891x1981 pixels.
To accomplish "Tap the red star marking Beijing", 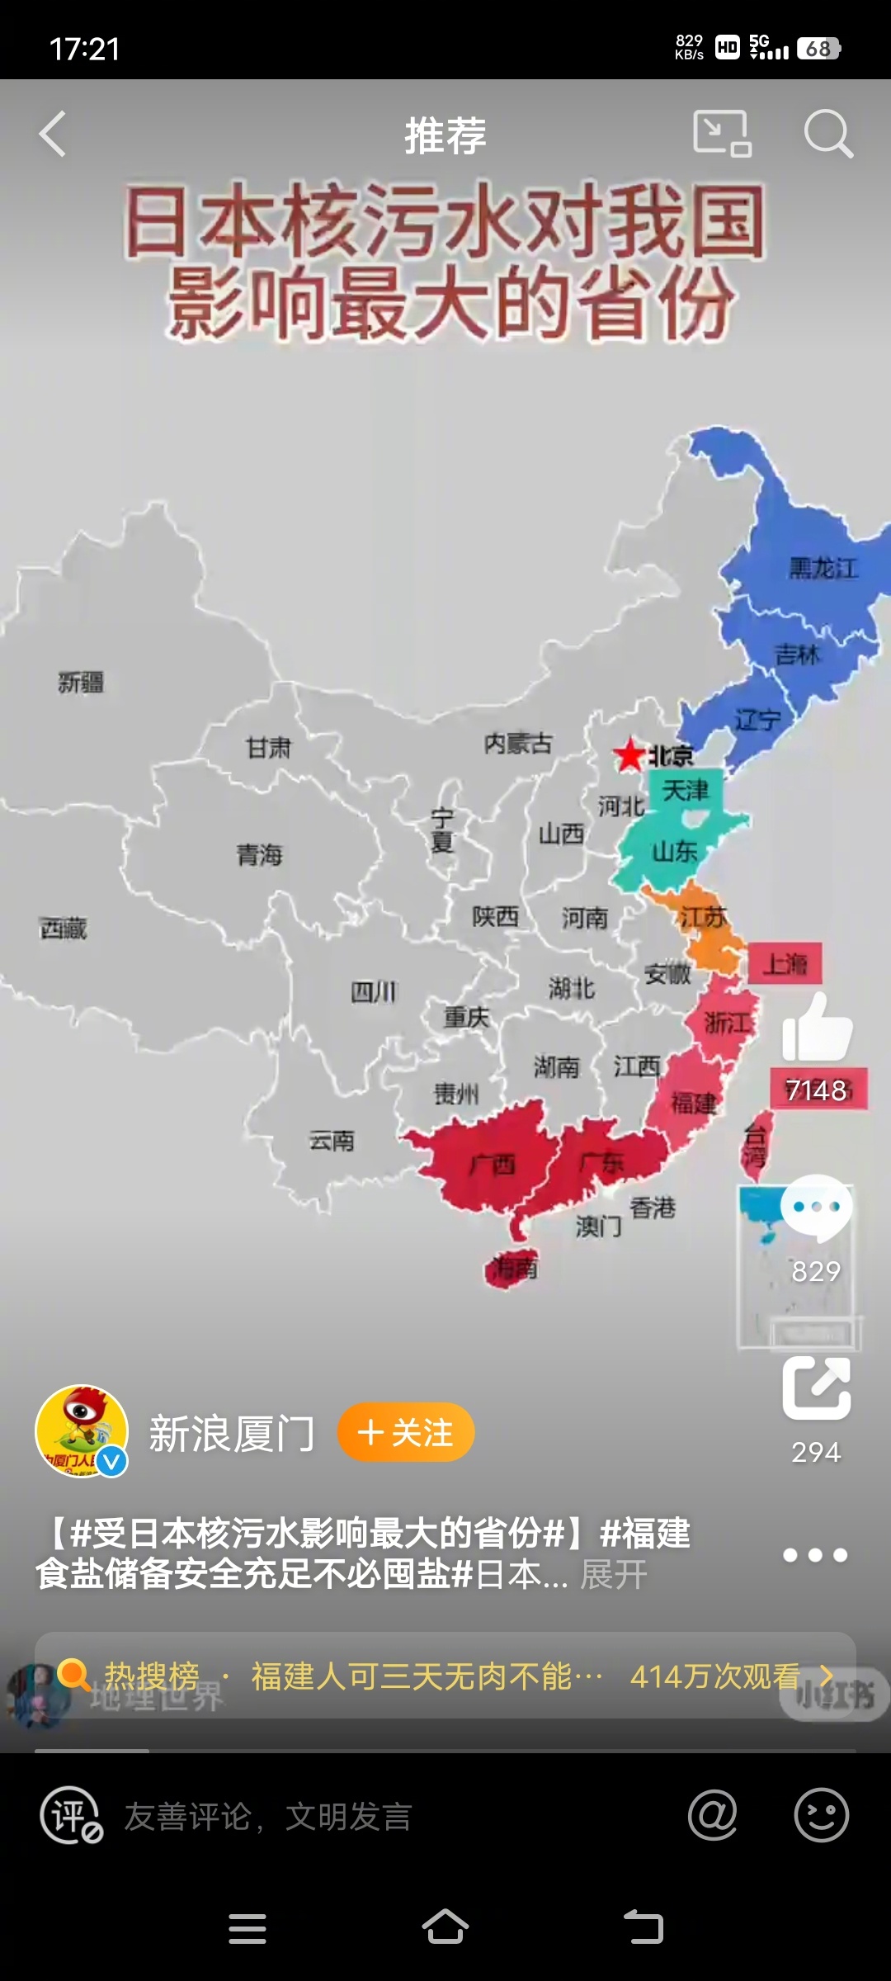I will pos(630,754).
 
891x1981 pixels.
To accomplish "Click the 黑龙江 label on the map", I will pos(823,568).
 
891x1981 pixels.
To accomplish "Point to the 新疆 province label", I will pos(81,683).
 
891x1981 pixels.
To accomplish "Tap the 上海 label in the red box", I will pos(785,963).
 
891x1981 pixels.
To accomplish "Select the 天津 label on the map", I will pos(685,791).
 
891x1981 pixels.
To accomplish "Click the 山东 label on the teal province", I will pos(675,851).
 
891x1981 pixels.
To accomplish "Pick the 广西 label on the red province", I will pos(493,1165).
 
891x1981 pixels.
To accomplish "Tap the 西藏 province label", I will pos(64,929).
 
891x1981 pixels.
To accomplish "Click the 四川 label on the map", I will pos(373,991).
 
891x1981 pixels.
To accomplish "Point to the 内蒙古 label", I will pos(518,744).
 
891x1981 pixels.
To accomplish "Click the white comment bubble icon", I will pos(816,1208).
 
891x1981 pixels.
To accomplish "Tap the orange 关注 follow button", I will pos(406,1432).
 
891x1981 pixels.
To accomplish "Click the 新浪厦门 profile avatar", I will pos(82,1431).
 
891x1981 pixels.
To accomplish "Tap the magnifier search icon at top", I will pos(827,134).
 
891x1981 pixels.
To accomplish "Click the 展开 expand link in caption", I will pos(614,1575).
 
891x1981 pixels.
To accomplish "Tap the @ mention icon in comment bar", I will pos(712,1816).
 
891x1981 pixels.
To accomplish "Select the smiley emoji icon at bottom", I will pos(821,1816).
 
